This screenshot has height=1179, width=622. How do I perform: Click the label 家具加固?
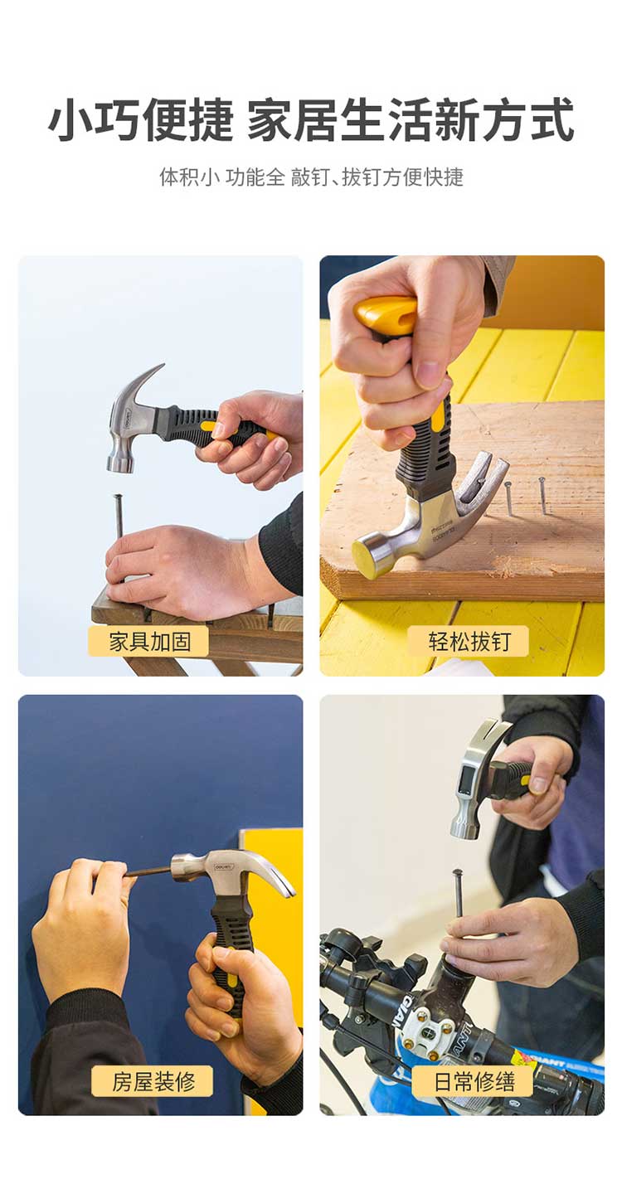pos(149,641)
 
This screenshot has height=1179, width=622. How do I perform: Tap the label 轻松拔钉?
pos(469,641)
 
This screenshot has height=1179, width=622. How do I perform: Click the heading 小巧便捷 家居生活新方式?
pos(311,120)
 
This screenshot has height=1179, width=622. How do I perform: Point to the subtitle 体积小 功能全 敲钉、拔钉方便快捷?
pos(311,177)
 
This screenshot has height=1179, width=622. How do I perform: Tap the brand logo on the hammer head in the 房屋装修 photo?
pos(225,866)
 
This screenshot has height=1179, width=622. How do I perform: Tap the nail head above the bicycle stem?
pos(457,872)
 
